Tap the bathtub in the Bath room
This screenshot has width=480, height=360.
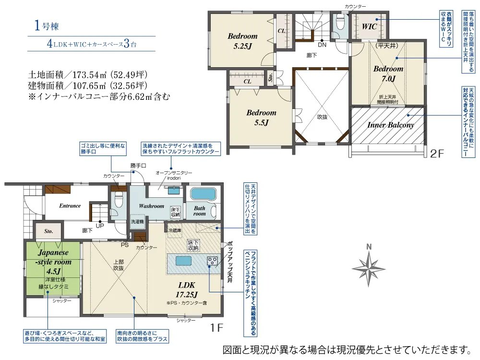(x=203, y=194)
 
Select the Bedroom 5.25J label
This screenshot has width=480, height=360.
(x=242, y=41)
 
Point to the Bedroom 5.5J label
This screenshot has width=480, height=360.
(x=261, y=118)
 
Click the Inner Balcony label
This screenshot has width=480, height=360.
(x=391, y=125)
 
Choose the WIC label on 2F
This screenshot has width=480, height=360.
(x=369, y=26)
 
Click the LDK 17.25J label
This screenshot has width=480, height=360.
(x=186, y=289)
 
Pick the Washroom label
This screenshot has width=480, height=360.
(x=151, y=206)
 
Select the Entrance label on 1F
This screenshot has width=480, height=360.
(x=70, y=206)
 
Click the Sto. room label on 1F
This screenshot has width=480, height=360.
(x=48, y=231)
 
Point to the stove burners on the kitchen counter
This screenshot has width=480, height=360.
(x=213, y=261)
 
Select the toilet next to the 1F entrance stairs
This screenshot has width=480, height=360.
(x=118, y=201)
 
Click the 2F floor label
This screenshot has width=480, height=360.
(x=437, y=154)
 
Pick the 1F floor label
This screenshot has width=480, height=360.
(x=216, y=327)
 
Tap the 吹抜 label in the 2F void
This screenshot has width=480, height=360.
(x=322, y=117)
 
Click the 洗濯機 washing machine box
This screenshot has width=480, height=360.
(x=137, y=222)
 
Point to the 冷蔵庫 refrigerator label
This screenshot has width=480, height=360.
(x=175, y=230)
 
